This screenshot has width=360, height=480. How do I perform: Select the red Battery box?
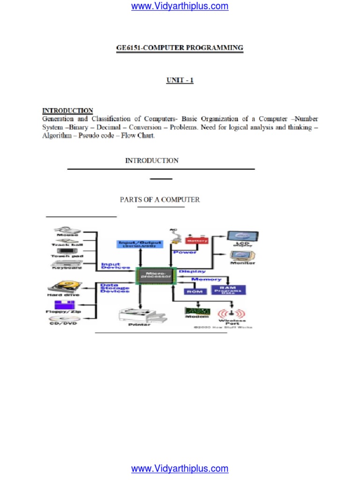click(x=196, y=240)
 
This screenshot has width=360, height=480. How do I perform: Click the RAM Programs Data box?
click(x=227, y=290)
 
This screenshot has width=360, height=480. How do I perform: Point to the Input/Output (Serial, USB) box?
click(x=139, y=244)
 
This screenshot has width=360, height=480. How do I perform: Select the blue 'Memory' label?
click(x=206, y=279)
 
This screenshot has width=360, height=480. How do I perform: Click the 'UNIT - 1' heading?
click(x=180, y=80)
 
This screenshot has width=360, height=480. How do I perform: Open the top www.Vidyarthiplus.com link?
click(x=180, y=7)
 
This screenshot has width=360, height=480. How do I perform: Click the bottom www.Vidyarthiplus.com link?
click(x=180, y=468)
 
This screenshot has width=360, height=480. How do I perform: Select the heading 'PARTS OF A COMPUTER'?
click(x=160, y=200)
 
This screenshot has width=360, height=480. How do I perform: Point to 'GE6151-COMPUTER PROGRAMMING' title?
click(x=180, y=48)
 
